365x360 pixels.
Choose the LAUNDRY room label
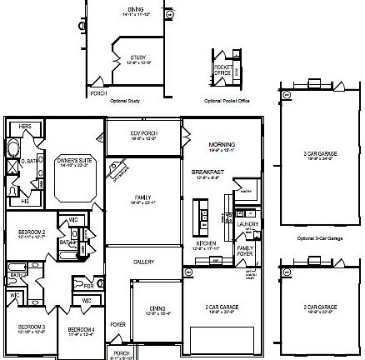[x=247, y=224]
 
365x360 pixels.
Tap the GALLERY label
[x=143, y=262]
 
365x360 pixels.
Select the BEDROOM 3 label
[x=32, y=326]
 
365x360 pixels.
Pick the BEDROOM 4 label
[x=81, y=329]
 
